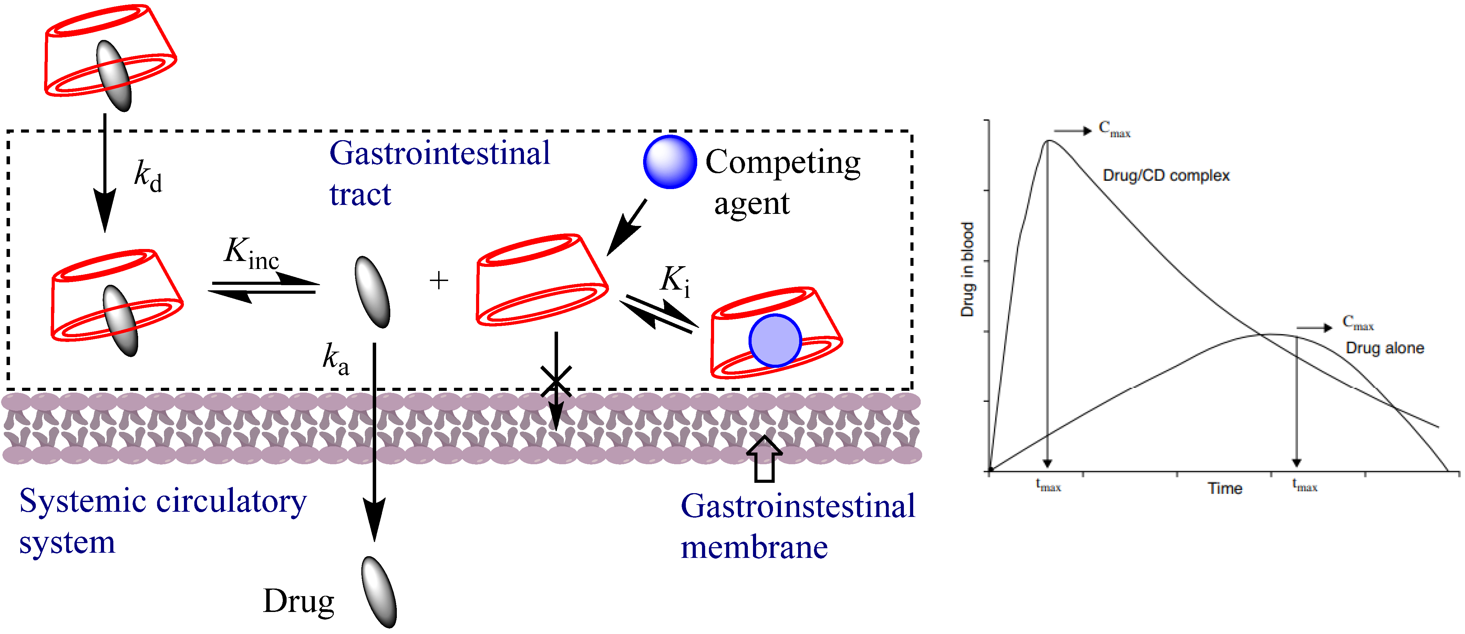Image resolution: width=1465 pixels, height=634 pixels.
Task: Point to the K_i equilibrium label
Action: coord(675,281)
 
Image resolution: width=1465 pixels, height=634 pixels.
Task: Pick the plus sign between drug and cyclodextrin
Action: coord(439,280)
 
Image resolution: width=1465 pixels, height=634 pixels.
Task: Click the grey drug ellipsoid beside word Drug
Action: coord(379,592)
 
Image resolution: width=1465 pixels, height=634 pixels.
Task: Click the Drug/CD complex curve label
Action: coord(1166,175)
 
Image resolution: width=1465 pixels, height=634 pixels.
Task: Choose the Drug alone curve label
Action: coord(1384,348)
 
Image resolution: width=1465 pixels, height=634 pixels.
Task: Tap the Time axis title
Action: coord(1225,488)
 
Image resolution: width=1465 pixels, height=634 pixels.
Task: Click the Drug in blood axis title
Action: coord(967,270)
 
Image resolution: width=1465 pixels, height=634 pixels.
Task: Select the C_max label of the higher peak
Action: coord(1114,129)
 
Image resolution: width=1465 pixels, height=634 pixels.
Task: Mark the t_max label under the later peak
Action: coord(1304,486)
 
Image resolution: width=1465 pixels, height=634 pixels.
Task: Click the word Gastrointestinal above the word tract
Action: coord(440,154)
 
